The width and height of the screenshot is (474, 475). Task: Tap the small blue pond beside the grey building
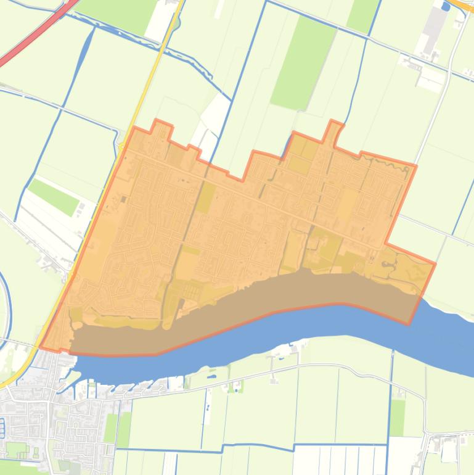pyautogui.click(x=446, y=7)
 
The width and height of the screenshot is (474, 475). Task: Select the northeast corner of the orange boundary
pyautogui.click(x=416, y=165)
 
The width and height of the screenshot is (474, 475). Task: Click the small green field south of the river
pyautogui.click(x=398, y=417)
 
